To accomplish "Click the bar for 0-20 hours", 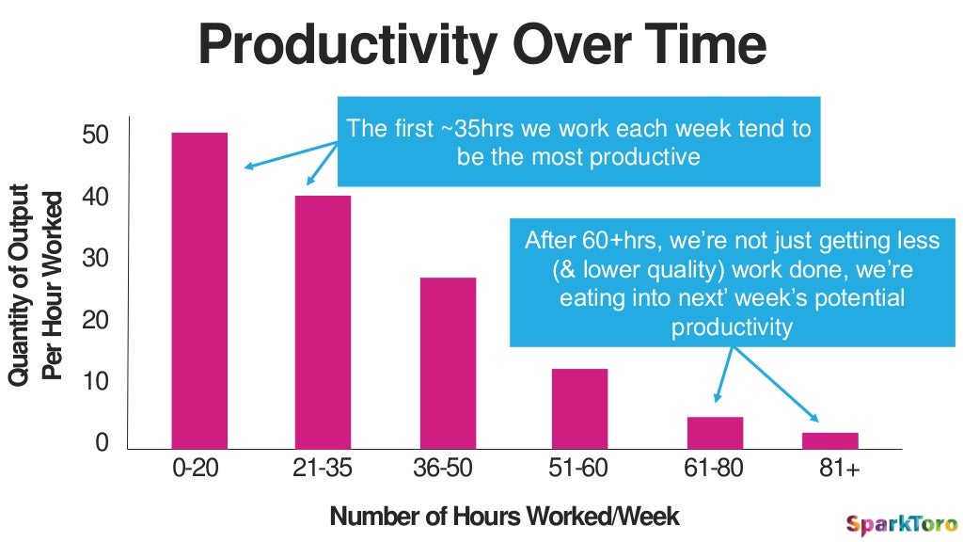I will point(198,291).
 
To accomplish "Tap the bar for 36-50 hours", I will point(448,363).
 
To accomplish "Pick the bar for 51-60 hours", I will point(579,408).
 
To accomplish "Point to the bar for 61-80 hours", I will point(715,433).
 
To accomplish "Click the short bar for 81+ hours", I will point(830,440).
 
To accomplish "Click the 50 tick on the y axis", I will point(96,135).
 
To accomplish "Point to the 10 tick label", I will point(96,381).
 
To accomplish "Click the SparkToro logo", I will point(901,524).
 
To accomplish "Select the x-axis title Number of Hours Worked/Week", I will point(504,517).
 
